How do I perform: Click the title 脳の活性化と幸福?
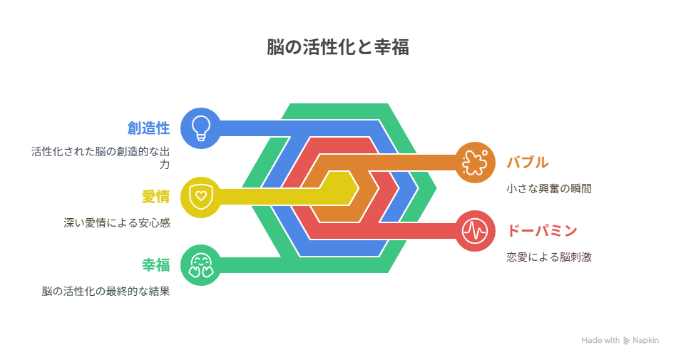pyautogui.click(x=337, y=47)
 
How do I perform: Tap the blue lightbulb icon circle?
pyautogui.click(x=201, y=128)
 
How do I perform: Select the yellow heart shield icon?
pyautogui.click(x=201, y=197)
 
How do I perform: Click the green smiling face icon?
pyautogui.click(x=201, y=265)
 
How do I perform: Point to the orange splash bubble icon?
pyautogui.click(x=475, y=163)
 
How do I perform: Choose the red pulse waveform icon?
pyautogui.click(x=475, y=231)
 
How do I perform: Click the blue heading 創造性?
pyautogui.click(x=148, y=128)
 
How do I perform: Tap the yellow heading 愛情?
pyautogui.click(x=155, y=197)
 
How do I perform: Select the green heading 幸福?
pyautogui.click(x=155, y=265)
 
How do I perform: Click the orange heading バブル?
pyautogui.click(x=528, y=163)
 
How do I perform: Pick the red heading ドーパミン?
pyautogui.click(x=542, y=231)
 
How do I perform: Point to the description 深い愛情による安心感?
pyautogui.click(x=117, y=223)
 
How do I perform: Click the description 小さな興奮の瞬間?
pyautogui.click(x=549, y=188)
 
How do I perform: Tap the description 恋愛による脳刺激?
pyautogui.click(x=549, y=257)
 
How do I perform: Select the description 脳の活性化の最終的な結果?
pyautogui.click(x=106, y=291)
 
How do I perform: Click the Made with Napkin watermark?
pyautogui.click(x=620, y=340)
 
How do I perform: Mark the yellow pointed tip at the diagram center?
pyautogui.click(x=358, y=188)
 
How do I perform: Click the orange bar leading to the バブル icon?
pyautogui.click(x=388, y=163)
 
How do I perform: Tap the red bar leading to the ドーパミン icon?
pyautogui.click(x=417, y=231)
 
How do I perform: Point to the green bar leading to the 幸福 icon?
pyautogui.click(x=250, y=265)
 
